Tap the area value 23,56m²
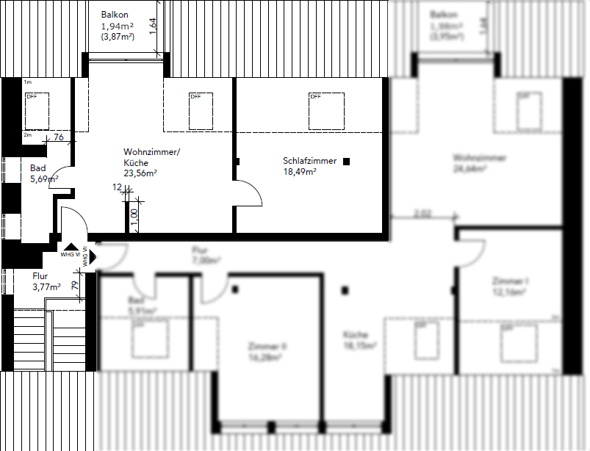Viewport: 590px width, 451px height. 141,173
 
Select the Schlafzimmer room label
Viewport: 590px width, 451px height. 309,160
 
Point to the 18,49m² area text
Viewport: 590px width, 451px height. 300,171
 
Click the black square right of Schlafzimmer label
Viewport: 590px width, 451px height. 347,160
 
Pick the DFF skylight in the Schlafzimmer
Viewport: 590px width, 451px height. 327,109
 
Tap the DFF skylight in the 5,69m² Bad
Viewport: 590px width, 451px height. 37,111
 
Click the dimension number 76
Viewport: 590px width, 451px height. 59,137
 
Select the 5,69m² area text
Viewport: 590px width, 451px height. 44,178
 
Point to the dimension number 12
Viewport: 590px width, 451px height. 117,187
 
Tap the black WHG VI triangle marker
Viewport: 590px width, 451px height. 71,248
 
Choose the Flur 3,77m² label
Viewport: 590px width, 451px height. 40,276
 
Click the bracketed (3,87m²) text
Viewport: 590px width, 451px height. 117,36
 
